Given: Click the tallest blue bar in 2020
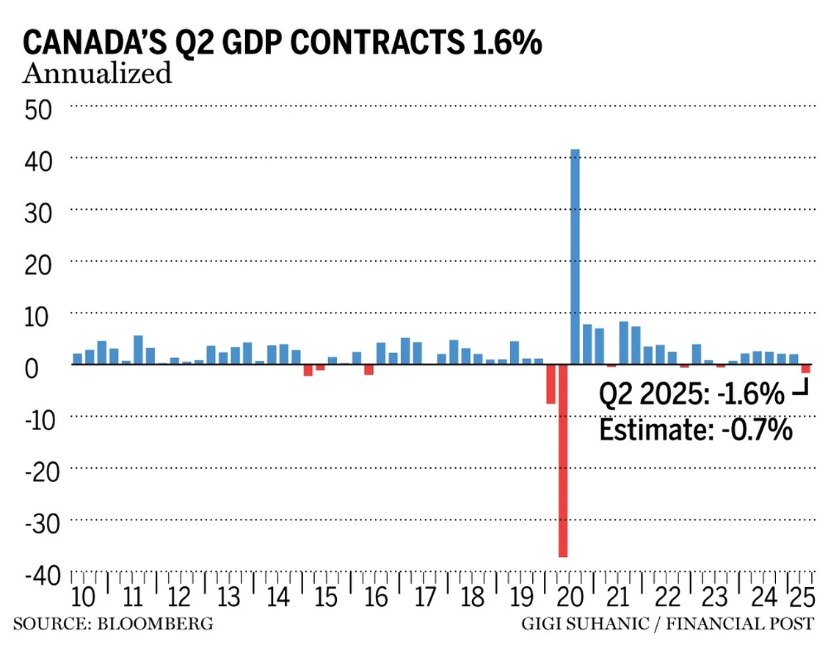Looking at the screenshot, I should pyautogui.click(x=575, y=257).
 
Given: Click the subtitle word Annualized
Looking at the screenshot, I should pyautogui.click(x=98, y=74).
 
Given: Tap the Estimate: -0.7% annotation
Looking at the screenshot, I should pyautogui.click(x=696, y=429).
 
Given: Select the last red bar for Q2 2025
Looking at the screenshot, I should pyautogui.click(x=805, y=369).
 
